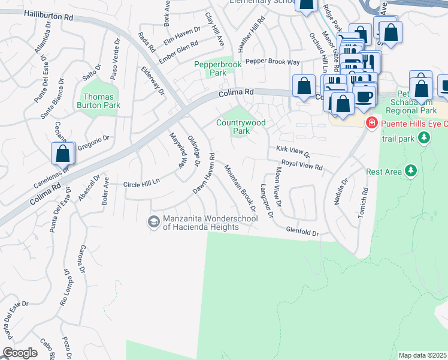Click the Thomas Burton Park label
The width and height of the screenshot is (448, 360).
(102, 101)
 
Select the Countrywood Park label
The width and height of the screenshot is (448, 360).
(240, 127)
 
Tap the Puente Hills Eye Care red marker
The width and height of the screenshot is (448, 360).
(372, 123)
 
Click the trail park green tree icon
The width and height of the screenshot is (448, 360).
(424, 139)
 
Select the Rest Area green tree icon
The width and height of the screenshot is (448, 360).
(411, 172)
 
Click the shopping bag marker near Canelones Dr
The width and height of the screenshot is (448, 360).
(63, 154)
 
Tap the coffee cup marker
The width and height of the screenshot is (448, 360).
(365, 96)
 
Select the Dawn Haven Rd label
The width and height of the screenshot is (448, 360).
(204, 173)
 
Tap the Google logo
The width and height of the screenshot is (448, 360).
(20, 353)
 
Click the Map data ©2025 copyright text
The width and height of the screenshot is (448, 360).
(422, 355)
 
